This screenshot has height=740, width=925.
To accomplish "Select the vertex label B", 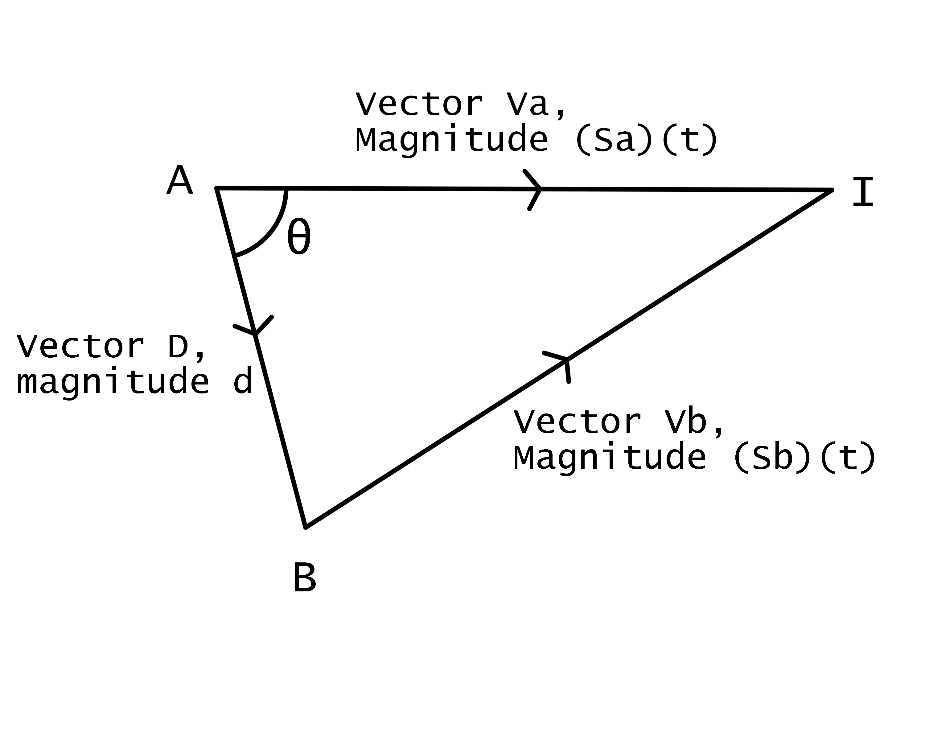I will [304, 578].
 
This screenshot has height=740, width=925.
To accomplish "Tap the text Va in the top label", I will [528, 104].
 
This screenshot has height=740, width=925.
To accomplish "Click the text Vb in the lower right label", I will [686, 422].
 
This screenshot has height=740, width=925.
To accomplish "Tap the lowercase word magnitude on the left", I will [113, 383].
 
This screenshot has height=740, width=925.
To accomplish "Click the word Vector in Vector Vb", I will [577, 422].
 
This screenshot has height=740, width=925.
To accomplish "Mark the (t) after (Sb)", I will [847, 458].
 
